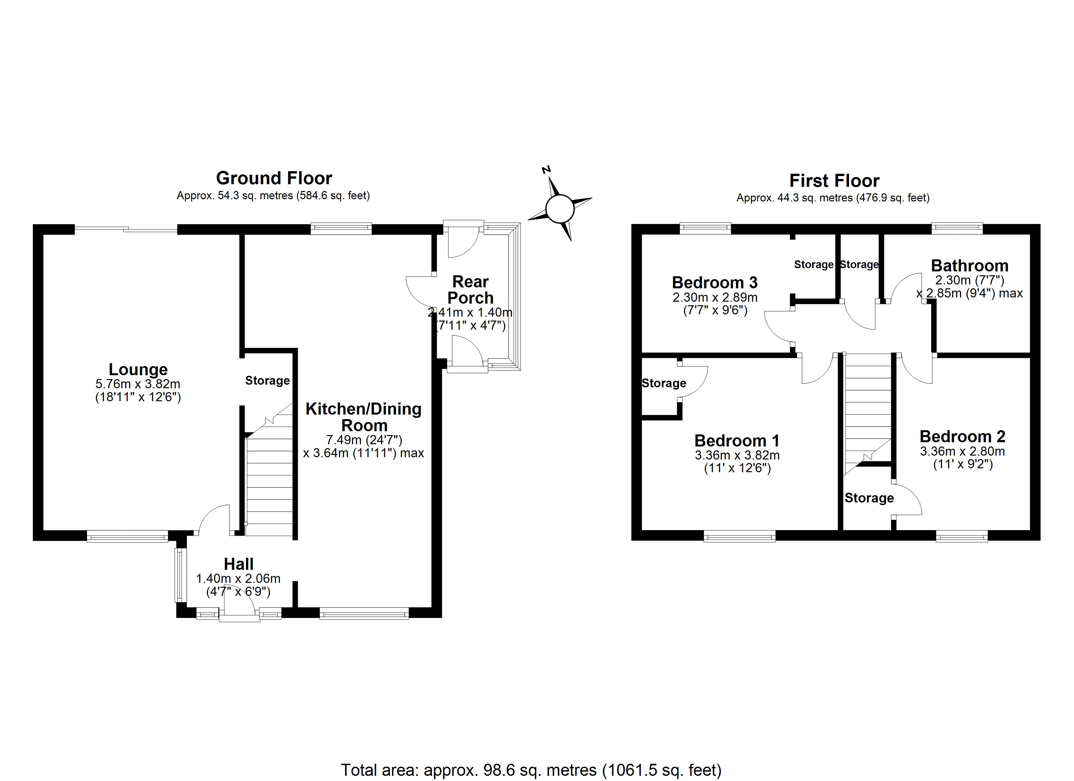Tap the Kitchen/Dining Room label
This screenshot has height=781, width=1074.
click(364, 417)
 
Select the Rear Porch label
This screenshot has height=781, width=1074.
click(470, 290)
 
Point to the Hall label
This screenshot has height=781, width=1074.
click(239, 564)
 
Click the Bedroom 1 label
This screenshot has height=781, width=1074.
click(737, 441)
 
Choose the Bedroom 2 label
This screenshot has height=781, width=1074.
click(962, 436)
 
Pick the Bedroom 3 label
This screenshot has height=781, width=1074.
click(715, 283)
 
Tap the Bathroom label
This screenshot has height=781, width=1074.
click(969, 266)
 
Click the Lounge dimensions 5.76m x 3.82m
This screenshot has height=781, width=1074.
click(138, 384)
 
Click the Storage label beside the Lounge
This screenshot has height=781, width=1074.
click(267, 381)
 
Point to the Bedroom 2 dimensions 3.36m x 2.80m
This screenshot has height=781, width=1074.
click(962, 451)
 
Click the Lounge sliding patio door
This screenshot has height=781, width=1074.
click(126, 230)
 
